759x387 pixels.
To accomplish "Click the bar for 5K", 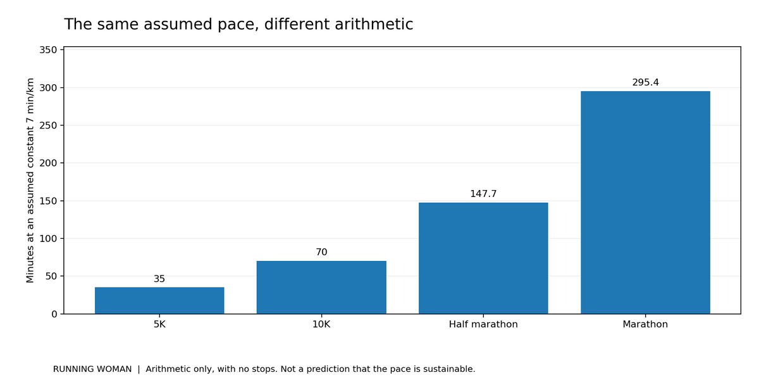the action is pyautogui.click(x=159, y=300).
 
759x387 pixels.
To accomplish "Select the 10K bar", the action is pyautogui.click(x=321, y=288).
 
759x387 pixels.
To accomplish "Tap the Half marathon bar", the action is pyautogui.click(x=483, y=258).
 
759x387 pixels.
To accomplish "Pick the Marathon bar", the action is pyautogui.click(x=645, y=203).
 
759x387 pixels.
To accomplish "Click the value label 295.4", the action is pyautogui.click(x=646, y=82).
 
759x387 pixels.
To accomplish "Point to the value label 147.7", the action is pyautogui.click(x=483, y=194).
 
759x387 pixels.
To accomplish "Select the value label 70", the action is pyautogui.click(x=321, y=252).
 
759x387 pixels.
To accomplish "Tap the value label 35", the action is pyautogui.click(x=159, y=279).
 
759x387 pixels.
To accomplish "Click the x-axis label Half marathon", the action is pyautogui.click(x=483, y=324).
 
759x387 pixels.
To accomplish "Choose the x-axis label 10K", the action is pyautogui.click(x=321, y=324).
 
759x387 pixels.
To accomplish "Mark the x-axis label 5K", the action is pyautogui.click(x=159, y=324).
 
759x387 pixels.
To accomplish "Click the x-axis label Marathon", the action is pyautogui.click(x=645, y=324).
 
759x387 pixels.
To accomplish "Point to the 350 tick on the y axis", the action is pyautogui.click(x=48, y=50).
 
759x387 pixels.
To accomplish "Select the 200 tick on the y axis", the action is pyautogui.click(x=48, y=163).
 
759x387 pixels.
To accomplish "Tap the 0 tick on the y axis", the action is pyautogui.click(x=54, y=314).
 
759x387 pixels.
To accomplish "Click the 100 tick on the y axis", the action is pyautogui.click(x=48, y=239).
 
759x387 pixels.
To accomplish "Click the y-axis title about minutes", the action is pyautogui.click(x=30, y=180).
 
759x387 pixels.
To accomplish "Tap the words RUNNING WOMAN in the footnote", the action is pyautogui.click(x=92, y=369).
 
